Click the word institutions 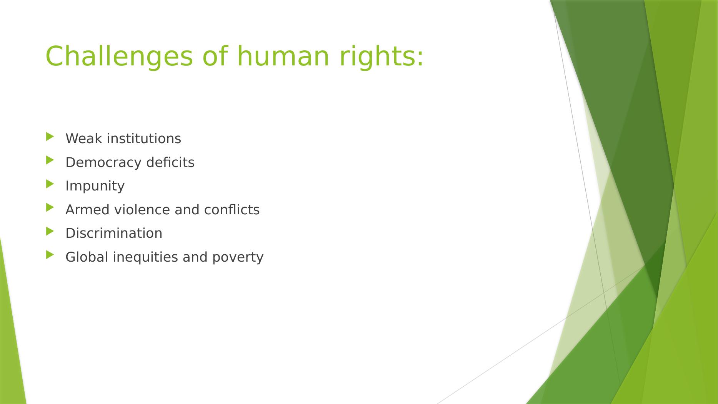[143, 139]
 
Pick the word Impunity [95, 186]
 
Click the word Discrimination [114, 233]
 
